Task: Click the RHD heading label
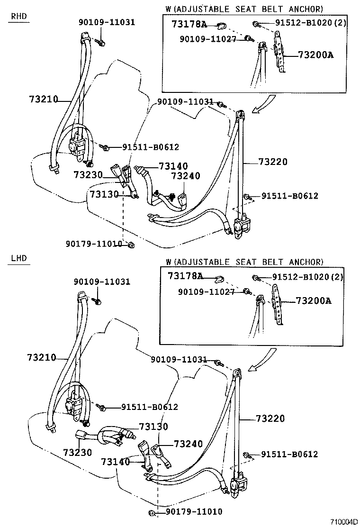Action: pos(19,17)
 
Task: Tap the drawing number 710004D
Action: pos(344,522)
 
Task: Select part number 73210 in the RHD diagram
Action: pos(43,99)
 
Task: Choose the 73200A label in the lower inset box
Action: pos(314,300)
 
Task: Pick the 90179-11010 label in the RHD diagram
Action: pos(94,244)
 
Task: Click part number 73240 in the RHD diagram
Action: pos(186,176)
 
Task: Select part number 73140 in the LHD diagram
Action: pos(115,461)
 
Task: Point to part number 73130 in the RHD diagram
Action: pos(104,194)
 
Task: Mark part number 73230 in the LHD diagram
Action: pos(77,453)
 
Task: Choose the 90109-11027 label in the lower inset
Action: pos(206,292)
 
